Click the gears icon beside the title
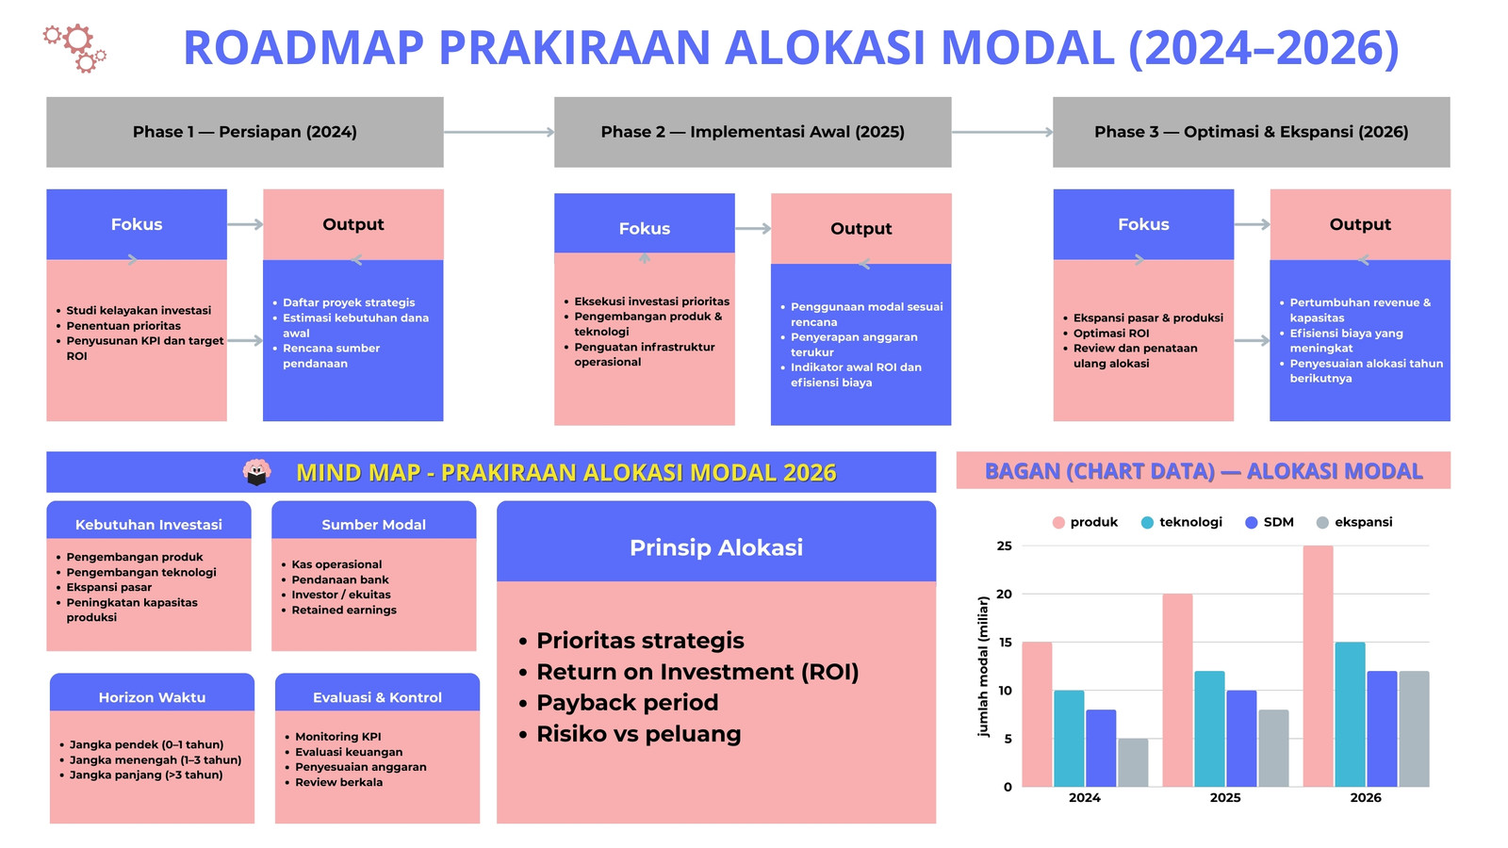(74, 48)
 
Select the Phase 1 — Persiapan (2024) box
(245, 132)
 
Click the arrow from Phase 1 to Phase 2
(499, 132)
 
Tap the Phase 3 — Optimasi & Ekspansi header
(1252, 132)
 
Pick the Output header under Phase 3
(1360, 224)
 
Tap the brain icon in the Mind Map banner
(256, 472)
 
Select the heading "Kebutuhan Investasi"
(149, 524)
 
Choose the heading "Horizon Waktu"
(152, 697)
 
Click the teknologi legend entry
(1182, 522)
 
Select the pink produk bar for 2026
(1318, 666)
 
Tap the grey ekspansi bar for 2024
(1133, 762)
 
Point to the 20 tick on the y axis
(1004, 595)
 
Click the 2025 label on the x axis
(1225, 797)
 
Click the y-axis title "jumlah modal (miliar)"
(984, 666)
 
